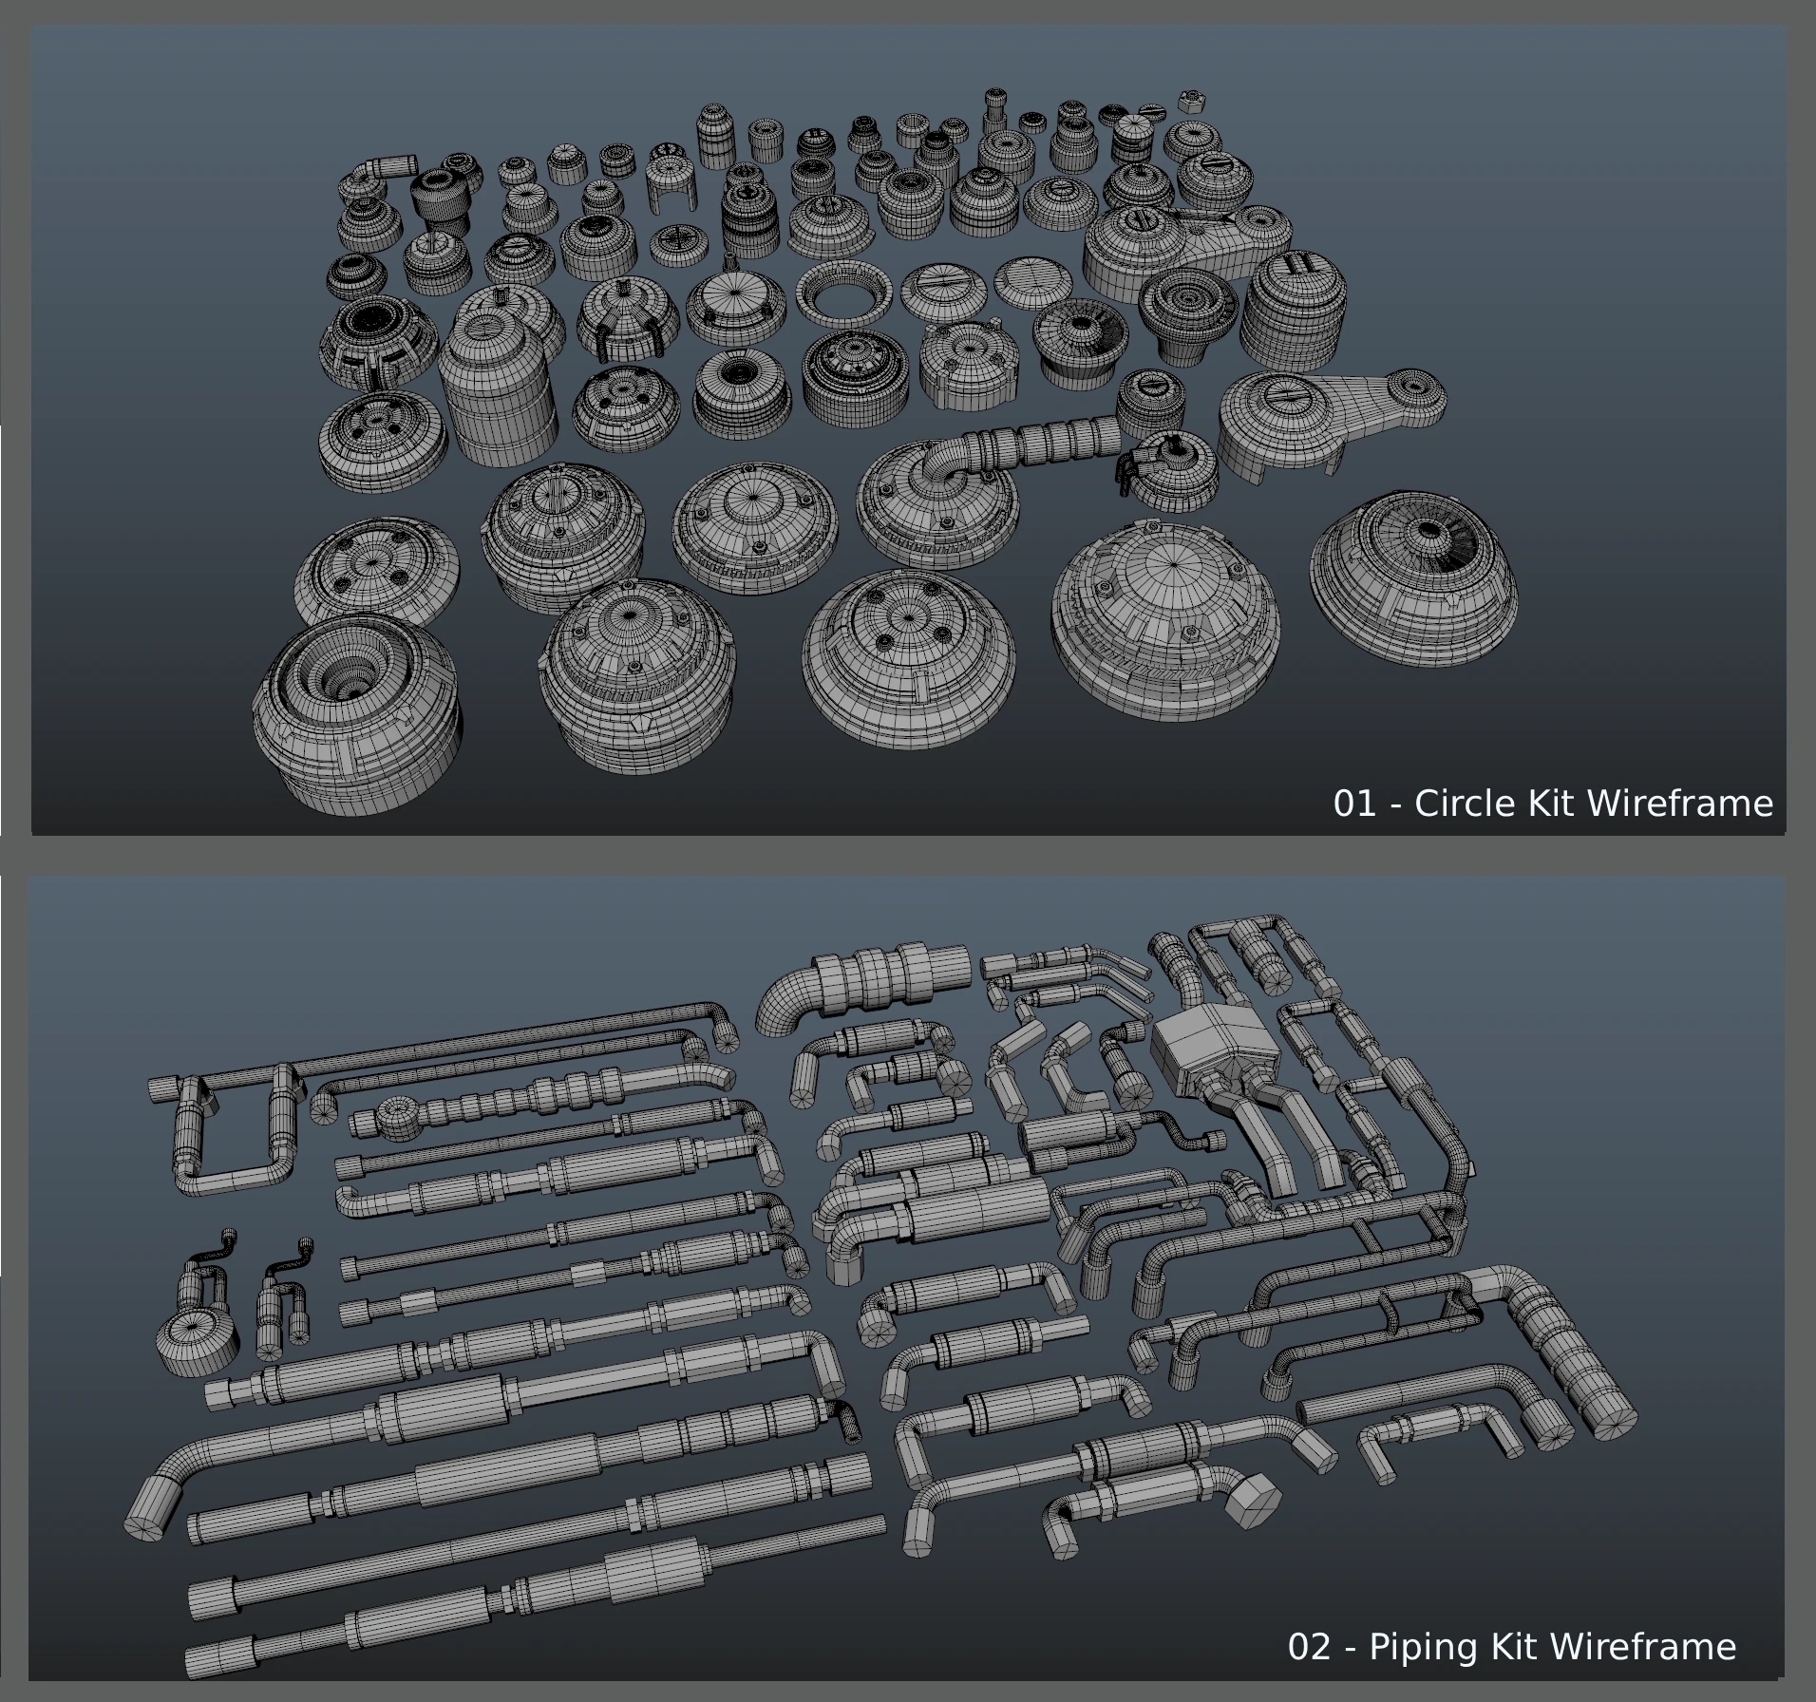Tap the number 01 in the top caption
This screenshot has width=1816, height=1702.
1354,804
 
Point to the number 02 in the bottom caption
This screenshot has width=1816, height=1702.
1309,1646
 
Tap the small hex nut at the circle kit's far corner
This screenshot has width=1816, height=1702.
1192,101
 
